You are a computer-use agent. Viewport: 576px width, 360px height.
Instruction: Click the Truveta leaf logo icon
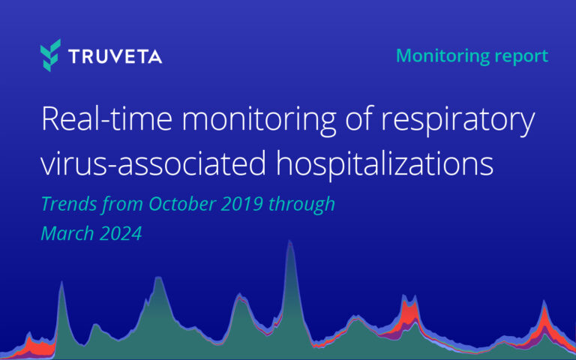pyautogui.click(x=50, y=55)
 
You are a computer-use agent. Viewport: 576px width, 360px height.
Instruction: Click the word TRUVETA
pyautogui.click(x=114, y=56)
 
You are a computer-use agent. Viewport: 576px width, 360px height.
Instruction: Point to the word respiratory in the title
pyautogui.click(x=464, y=121)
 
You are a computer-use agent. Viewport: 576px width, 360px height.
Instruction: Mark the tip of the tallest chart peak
pyautogui.click(x=290, y=242)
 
